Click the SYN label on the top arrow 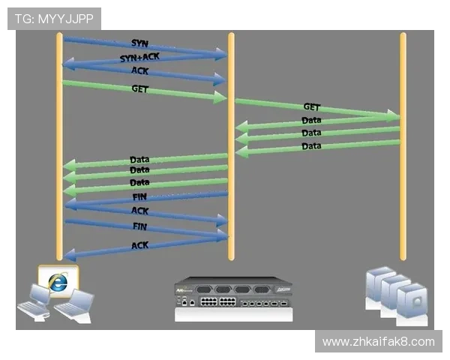coord(139,43)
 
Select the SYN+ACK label coord(139,58)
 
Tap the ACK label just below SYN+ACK coord(139,71)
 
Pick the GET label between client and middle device coord(140,88)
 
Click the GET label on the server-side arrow coord(311,107)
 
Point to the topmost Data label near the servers coord(311,120)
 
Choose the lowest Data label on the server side coord(311,145)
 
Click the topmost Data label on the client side coord(139,160)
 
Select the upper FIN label coord(139,196)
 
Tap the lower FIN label coord(139,226)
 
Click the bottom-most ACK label coord(139,245)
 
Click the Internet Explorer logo coord(58,281)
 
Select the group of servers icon coord(396,290)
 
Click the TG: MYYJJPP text coord(53,18)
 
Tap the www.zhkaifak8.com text coord(378,342)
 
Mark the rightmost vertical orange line coord(403,150)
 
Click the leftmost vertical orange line coord(59,150)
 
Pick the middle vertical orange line coord(231,150)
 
